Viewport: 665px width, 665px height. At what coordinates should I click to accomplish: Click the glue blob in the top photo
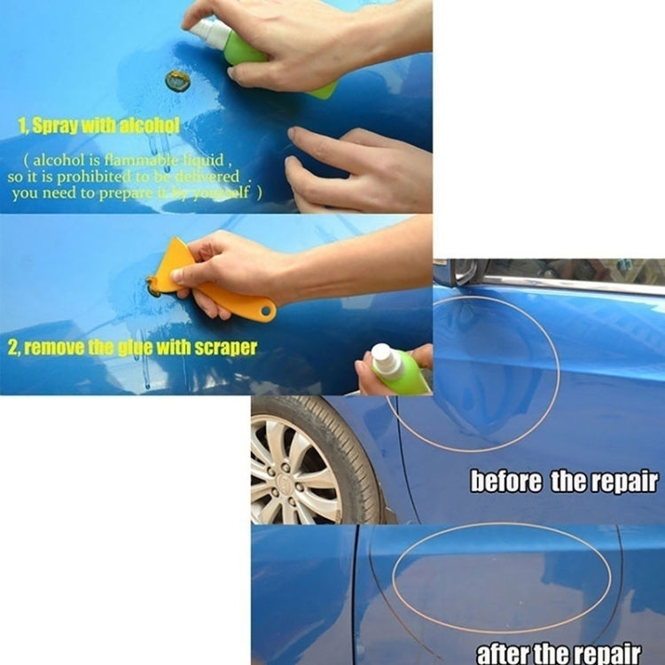(177, 82)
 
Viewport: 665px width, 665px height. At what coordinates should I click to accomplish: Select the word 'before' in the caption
(506, 482)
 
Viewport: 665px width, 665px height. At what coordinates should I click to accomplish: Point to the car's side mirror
(456, 272)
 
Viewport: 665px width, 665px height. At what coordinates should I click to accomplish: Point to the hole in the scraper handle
(264, 312)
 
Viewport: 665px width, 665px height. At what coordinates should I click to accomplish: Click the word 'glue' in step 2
(136, 347)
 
